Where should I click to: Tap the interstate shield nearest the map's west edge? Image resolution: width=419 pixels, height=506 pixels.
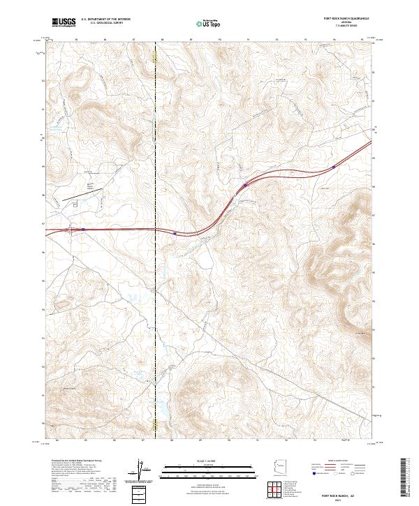pyautogui.click(x=83, y=228)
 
